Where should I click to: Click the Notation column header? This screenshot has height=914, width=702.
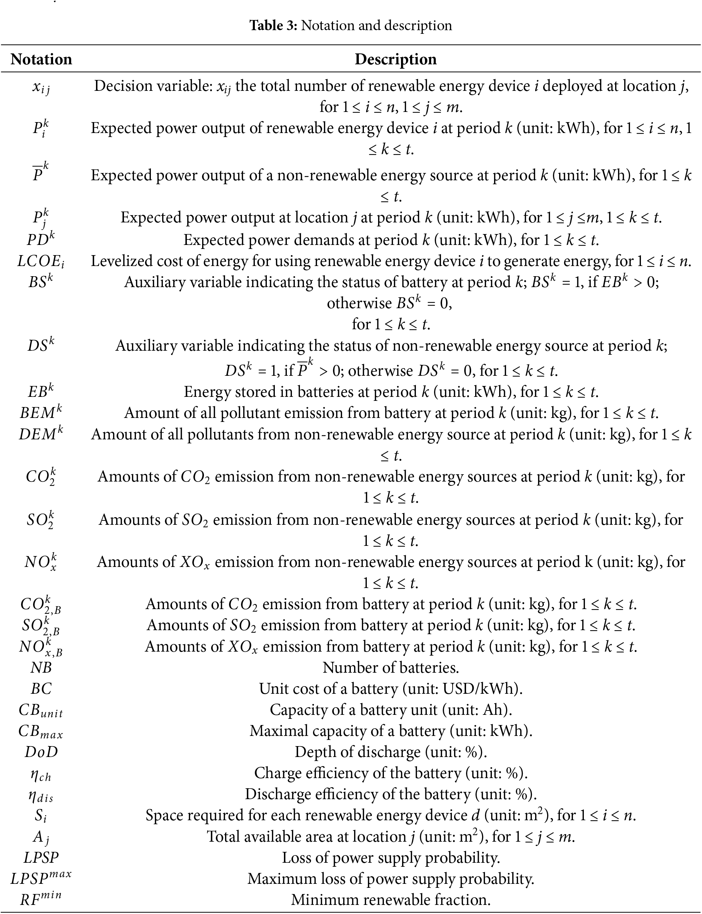point(41,59)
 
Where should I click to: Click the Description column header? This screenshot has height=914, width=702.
point(395,59)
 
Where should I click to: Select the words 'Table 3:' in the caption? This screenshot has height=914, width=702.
point(273,25)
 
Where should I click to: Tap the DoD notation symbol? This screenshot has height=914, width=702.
point(41,752)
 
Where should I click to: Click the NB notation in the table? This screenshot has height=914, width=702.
point(41,668)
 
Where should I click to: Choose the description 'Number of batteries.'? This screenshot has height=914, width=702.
point(391,668)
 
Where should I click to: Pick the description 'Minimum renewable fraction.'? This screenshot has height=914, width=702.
point(391,899)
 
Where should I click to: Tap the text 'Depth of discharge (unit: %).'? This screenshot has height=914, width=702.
point(391,752)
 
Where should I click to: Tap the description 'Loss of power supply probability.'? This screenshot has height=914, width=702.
point(391,857)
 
